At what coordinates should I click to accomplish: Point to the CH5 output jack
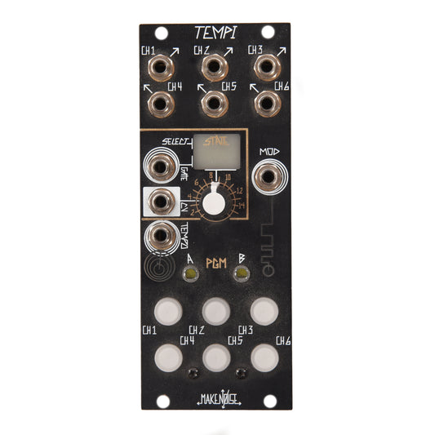214,103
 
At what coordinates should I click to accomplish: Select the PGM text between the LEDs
215,263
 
